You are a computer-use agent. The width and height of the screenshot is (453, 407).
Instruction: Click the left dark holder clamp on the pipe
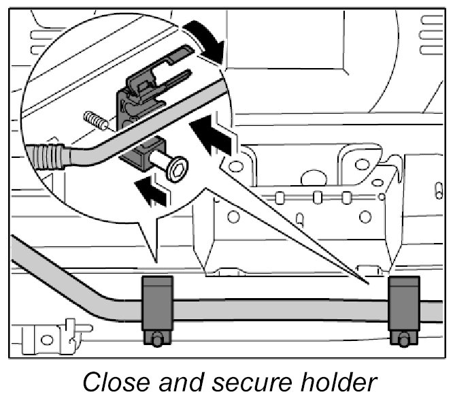[156, 302]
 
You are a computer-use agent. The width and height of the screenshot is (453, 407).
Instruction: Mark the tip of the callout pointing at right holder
[368, 280]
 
